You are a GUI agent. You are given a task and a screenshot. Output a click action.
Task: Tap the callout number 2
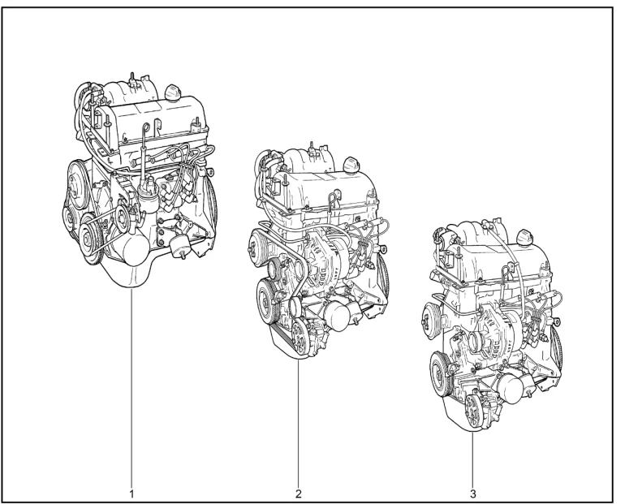coord(299,494)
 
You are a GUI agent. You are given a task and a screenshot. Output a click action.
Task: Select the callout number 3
coord(472,494)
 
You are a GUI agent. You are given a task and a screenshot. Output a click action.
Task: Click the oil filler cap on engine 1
coord(174,91)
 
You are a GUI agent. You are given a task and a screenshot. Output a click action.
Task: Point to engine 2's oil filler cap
coord(351,164)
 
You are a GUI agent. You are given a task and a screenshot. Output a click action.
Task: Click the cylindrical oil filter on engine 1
coord(134,249)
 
